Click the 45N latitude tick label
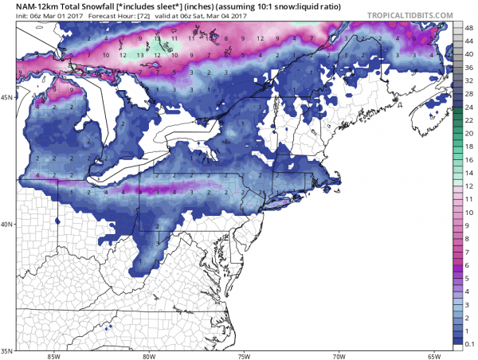6,97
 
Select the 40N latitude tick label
6,224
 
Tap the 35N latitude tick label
6,350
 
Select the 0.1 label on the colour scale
470,341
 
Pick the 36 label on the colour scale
469,67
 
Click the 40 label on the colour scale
469,53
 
